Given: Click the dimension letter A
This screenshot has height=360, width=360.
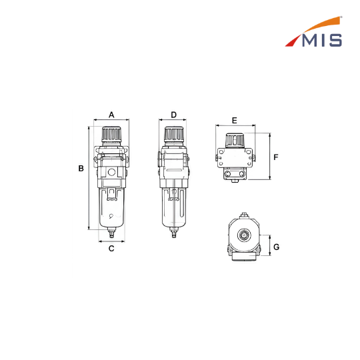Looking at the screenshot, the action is (x=111, y=115).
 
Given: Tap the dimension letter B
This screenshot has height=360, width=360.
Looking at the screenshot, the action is (x=81, y=168).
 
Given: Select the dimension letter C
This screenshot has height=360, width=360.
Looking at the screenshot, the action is (x=111, y=249).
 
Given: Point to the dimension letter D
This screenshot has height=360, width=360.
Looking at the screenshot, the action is (x=174, y=115).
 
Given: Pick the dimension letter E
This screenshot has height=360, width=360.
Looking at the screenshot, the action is (x=234, y=121).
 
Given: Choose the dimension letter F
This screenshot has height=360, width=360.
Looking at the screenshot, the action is (x=276, y=157).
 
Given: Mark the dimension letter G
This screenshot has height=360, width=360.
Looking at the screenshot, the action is (x=277, y=247).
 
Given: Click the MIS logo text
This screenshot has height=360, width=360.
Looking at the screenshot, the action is (x=322, y=41).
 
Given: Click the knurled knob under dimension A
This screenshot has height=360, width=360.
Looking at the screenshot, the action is (x=111, y=134).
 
